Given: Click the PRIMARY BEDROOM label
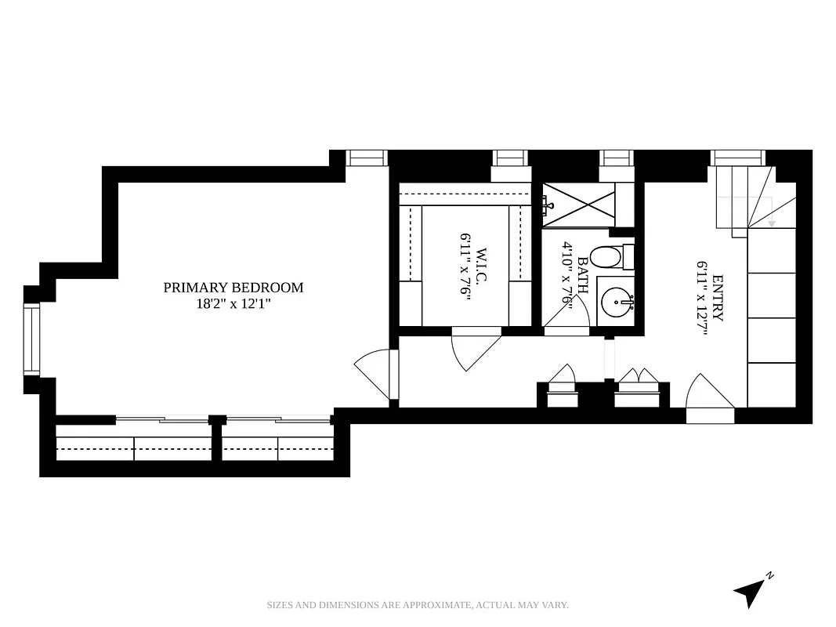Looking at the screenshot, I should point(233,288).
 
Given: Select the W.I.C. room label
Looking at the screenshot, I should point(480,271).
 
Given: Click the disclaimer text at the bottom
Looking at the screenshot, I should point(418,605).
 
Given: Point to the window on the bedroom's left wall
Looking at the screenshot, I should point(31,340).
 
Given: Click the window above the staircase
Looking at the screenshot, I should point(736,158).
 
